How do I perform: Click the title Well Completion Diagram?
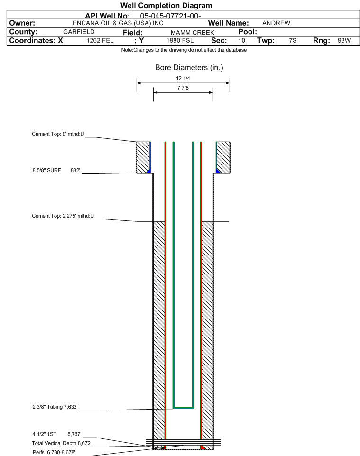(166, 6)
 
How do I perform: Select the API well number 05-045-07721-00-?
(170, 16)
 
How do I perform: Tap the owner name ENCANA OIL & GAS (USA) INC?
(118, 23)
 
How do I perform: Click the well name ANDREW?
(276, 23)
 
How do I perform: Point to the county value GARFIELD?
(79, 32)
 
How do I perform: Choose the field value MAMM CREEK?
(193, 33)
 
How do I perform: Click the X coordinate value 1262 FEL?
(100, 40)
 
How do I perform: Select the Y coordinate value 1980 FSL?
(180, 40)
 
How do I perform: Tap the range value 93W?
(344, 40)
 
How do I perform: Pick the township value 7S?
(293, 40)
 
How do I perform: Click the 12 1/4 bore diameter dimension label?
(183, 78)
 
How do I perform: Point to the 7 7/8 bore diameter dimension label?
(183, 88)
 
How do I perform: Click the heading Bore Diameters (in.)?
(189, 68)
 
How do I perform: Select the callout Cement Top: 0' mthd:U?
(58, 134)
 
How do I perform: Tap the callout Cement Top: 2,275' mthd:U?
(63, 216)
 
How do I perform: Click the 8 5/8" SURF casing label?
(46, 171)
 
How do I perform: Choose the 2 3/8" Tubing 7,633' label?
(55, 407)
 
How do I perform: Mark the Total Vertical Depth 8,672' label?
(62, 443)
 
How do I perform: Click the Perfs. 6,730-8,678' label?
(54, 452)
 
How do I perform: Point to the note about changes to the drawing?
(184, 50)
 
